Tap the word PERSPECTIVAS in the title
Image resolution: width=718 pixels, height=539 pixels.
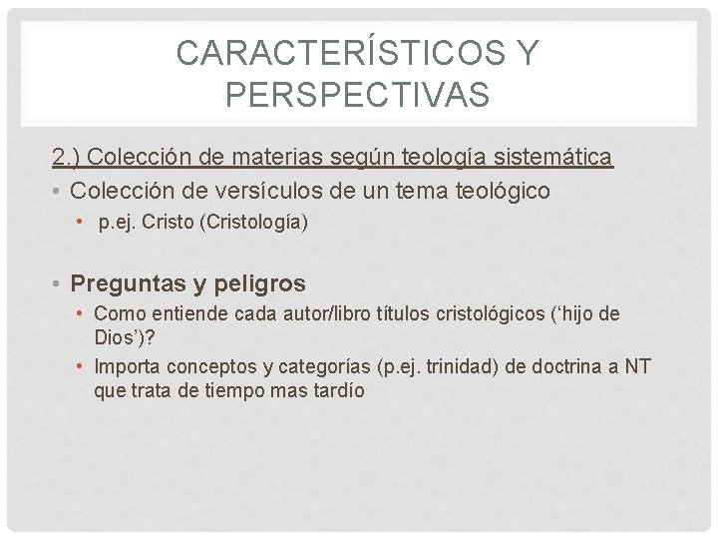tap(357, 95)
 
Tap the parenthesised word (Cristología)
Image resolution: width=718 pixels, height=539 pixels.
tap(253, 223)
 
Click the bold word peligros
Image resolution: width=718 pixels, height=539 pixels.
tap(258, 283)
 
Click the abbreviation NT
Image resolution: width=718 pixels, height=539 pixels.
tap(638, 366)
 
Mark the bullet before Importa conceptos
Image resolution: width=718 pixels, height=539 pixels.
tap(80, 366)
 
